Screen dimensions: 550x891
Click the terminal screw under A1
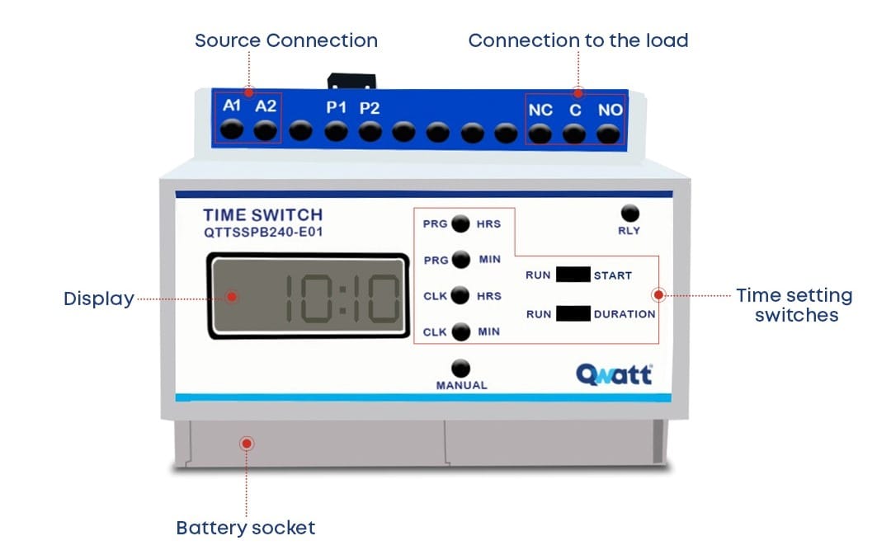[x=233, y=129]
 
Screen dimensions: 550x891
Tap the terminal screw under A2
[x=265, y=129]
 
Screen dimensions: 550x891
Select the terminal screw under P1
[x=336, y=130]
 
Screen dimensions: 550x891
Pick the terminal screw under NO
[x=608, y=133]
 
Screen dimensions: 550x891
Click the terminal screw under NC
[x=540, y=133]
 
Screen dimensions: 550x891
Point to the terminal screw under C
[x=574, y=133]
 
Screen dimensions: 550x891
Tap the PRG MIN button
[x=461, y=260]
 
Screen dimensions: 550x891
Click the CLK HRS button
[x=461, y=296]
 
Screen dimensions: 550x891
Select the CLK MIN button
[x=461, y=331]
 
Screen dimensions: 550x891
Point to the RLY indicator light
[x=629, y=214]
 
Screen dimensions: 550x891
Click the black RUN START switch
[x=573, y=275]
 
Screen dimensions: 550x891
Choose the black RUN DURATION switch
[x=573, y=314]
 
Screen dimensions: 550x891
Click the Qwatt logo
[x=613, y=375]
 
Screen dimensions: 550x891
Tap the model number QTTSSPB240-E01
[x=263, y=233]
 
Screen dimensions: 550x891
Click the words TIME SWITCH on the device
[x=262, y=216]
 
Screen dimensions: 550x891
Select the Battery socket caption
[x=246, y=528]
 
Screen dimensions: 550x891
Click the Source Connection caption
[x=286, y=40]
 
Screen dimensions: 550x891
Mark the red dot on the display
[x=233, y=296]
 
